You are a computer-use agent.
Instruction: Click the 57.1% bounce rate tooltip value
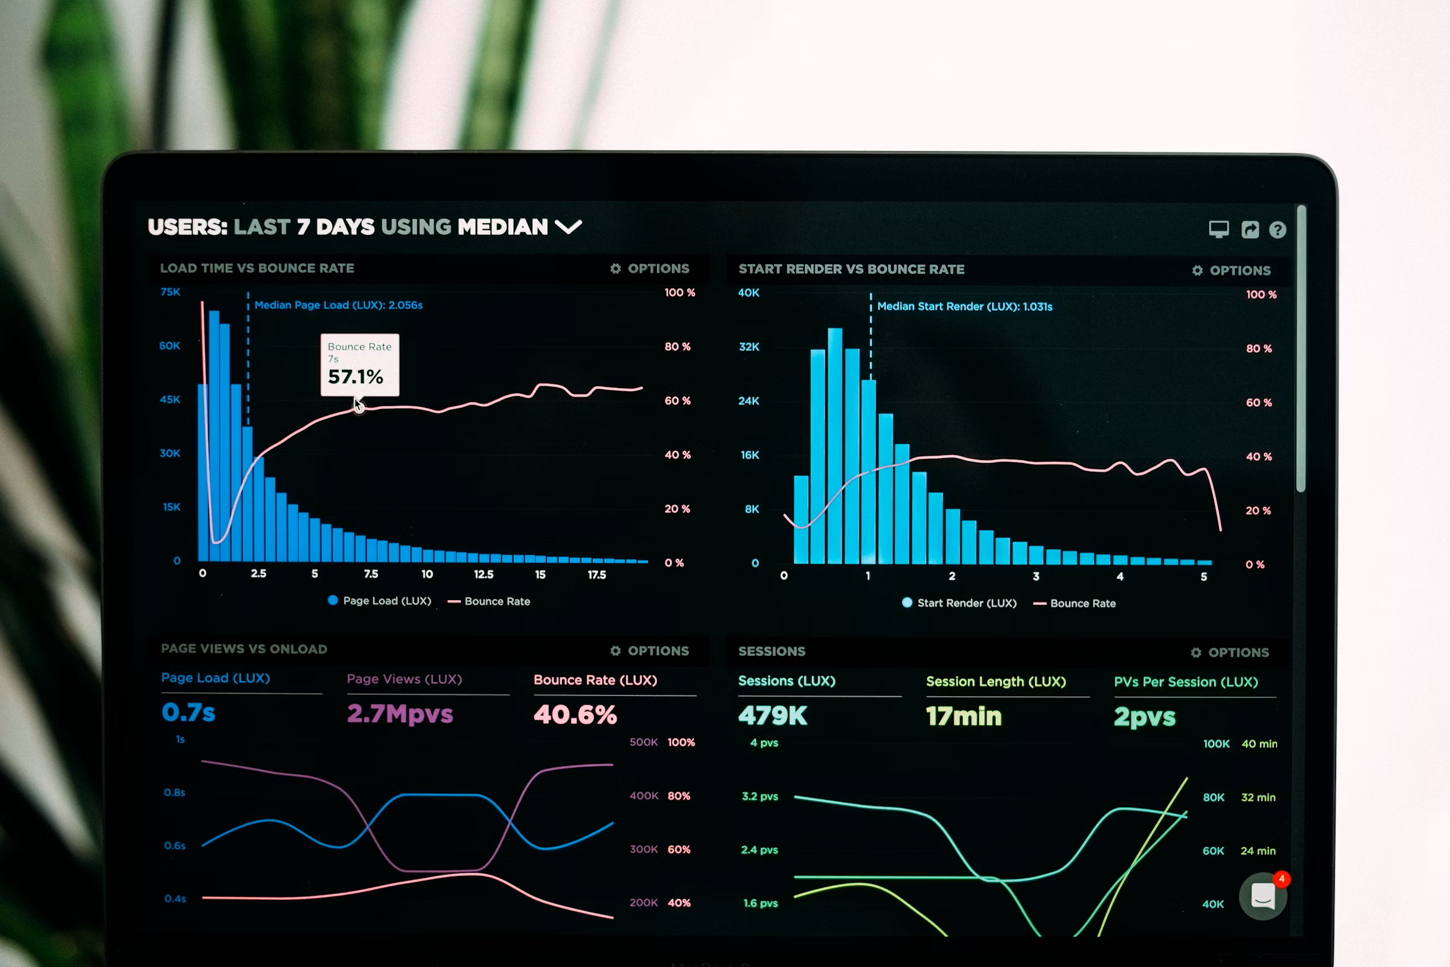(x=356, y=377)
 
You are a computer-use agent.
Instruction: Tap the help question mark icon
(x=1277, y=230)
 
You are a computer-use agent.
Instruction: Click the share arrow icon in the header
(x=1250, y=230)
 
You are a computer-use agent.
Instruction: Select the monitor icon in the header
(x=1218, y=229)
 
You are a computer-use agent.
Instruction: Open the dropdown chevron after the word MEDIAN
(x=568, y=227)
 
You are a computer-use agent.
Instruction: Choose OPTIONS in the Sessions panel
(x=1230, y=653)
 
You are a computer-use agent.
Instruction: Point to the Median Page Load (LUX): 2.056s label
(x=338, y=305)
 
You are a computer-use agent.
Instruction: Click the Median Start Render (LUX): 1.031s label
(x=964, y=306)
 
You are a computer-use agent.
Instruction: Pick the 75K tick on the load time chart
(x=170, y=292)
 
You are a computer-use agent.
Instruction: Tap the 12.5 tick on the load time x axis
(x=483, y=575)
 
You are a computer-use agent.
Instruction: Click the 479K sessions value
(x=773, y=716)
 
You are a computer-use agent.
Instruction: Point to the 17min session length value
(x=964, y=717)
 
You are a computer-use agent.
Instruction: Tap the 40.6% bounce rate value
(x=575, y=715)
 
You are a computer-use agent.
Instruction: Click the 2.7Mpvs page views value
(x=400, y=714)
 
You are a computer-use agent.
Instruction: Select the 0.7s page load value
(x=188, y=713)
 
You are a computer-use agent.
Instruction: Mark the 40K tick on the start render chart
(x=749, y=293)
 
